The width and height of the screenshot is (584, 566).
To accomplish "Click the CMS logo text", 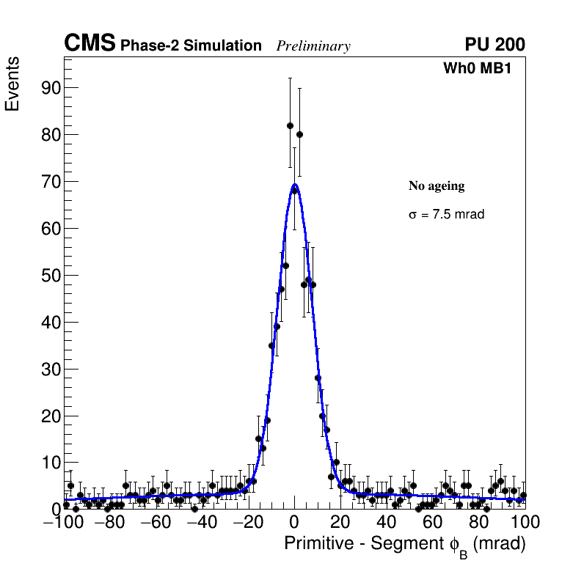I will (x=90, y=44).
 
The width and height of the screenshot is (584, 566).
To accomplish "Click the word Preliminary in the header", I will (x=313, y=46).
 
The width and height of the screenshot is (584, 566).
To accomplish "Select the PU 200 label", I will (x=494, y=45).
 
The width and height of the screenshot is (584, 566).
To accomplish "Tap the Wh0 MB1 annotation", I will (x=476, y=69).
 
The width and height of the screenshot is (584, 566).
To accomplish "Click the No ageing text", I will (x=437, y=186).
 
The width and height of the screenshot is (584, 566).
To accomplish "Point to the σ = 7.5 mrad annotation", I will (x=446, y=215).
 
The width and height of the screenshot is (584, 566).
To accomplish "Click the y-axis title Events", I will (x=12, y=84).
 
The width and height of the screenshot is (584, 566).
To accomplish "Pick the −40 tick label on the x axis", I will (x=202, y=522).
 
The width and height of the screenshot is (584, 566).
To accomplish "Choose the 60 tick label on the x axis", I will (x=433, y=522).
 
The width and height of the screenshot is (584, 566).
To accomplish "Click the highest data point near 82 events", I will (x=290, y=125).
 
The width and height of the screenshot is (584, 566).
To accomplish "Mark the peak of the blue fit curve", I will (x=294, y=185).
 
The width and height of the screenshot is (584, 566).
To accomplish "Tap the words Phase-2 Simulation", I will (x=191, y=45).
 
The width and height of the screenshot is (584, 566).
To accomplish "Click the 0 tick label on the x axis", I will (x=294, y=522).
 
